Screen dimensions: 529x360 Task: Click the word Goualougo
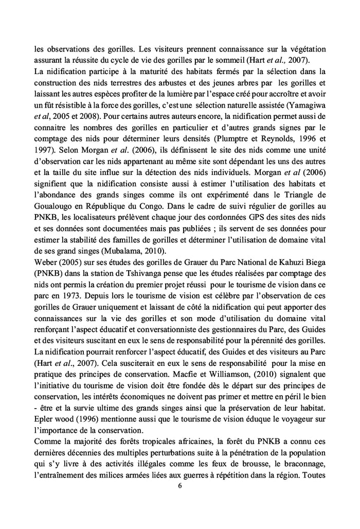click(55, 198)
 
